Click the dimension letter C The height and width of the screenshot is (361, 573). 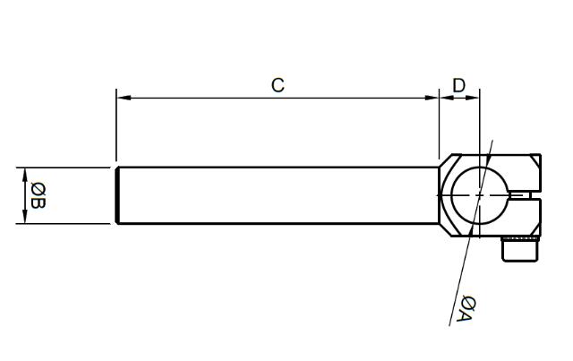click(x=278, y=85)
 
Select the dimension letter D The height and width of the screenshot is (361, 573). click(x=458, y=85)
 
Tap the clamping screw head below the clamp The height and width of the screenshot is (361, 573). click(x=520, y=250)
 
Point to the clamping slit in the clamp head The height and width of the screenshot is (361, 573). click(x=527, y=194)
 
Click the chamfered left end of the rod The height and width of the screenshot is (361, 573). click(x=118, y=194)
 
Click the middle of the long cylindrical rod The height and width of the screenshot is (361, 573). click(x=278, y=194)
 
